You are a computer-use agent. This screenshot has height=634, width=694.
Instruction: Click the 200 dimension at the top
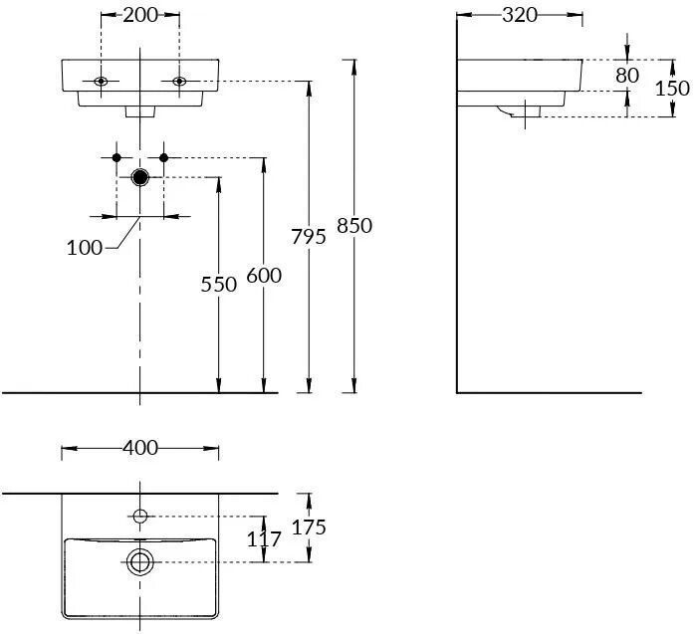coord(140,15)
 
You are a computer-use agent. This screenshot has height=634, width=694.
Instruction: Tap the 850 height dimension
coord(354,226)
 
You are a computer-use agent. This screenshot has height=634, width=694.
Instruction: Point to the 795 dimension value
coord(309,236)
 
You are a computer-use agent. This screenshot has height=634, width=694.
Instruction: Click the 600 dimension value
coord(264,276)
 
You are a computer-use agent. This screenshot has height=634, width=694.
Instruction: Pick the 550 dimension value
coord(218,285)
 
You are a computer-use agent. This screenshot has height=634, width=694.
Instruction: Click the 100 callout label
coord(85,247)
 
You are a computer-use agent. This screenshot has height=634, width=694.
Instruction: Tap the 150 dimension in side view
coord(672,88)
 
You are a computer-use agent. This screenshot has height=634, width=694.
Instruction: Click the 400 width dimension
coord(140,448)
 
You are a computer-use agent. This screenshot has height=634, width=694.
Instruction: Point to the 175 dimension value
coord(310,527)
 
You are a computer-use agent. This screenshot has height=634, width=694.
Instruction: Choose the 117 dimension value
coord(264,538)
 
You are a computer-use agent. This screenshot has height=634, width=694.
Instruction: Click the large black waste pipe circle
coord(140,177)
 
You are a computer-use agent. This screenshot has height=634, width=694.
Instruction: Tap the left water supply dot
coord(116,157)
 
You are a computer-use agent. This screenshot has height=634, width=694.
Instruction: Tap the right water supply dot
coord(164,157)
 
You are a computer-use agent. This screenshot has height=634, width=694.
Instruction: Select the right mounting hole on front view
coord(179,81)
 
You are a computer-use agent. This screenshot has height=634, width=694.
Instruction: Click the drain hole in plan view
coord(140,561)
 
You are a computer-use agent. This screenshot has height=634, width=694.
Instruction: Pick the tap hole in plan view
coord(140,516)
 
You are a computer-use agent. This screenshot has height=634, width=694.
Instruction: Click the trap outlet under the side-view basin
coord(521,111)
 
